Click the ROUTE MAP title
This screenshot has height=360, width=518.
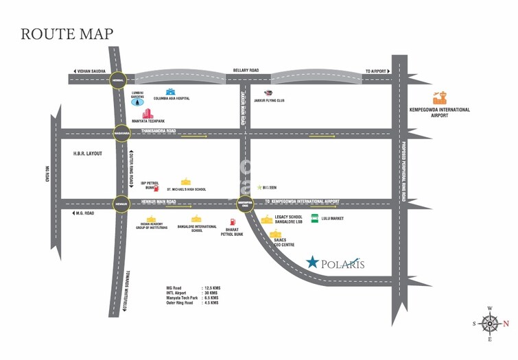(67, 34)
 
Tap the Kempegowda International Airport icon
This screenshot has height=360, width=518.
(439, 99)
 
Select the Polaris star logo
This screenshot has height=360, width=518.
(313, 263)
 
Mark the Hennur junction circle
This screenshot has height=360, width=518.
(121, 203)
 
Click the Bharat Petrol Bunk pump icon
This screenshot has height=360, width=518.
(233, 222)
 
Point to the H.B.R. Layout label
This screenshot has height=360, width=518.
(87, 154)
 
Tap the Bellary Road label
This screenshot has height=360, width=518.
(246, 70)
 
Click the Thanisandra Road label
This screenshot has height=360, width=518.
(158, 130)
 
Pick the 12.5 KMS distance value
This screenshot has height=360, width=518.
(210, 287)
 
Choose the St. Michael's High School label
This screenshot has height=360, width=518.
(186, 189)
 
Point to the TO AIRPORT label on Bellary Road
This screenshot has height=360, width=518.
(376, 71)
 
